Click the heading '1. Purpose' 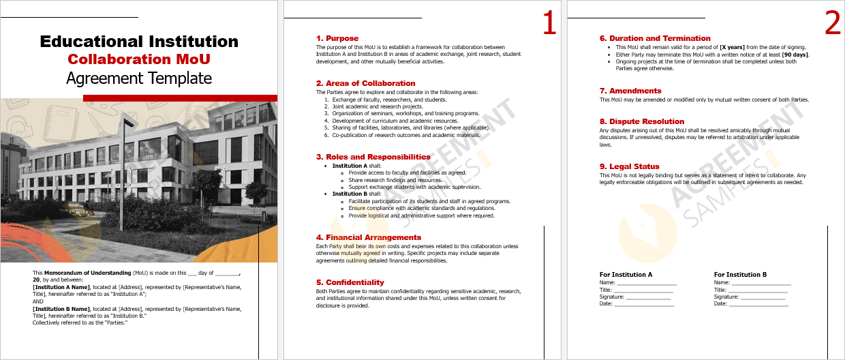[x=337, y=38]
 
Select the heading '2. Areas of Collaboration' [x=365, y=83]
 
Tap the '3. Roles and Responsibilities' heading [x=373, y=157]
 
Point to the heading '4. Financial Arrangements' [x=368, y=237]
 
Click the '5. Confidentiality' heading [x=350, y=282]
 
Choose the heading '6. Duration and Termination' [x=654, y=38]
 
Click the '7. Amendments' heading [x=630, y=91]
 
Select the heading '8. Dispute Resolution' [x=641, y=121]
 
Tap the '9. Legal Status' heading [x=629, y=166]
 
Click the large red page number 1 [x=549, y=24]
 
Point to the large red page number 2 [x=833, y=24]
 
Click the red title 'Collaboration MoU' [x=139, y=59]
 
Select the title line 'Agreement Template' [x=139, y=78]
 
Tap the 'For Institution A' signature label [x=626, y=275]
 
